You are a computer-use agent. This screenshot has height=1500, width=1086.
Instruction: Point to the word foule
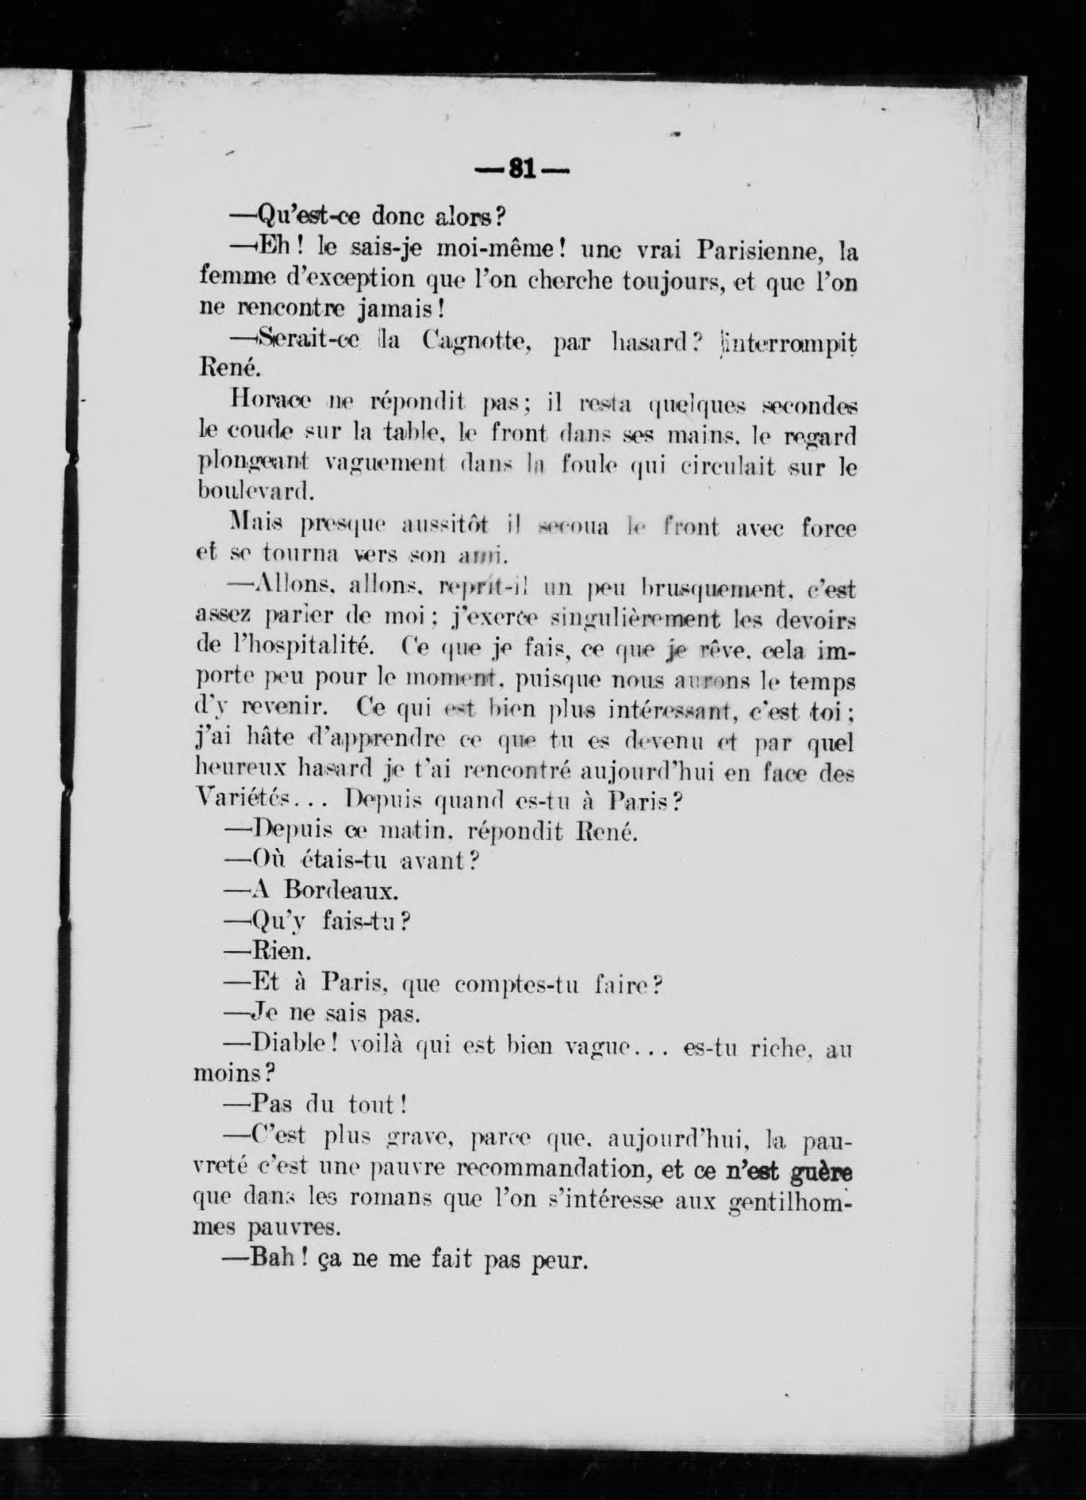pos(579,466)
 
